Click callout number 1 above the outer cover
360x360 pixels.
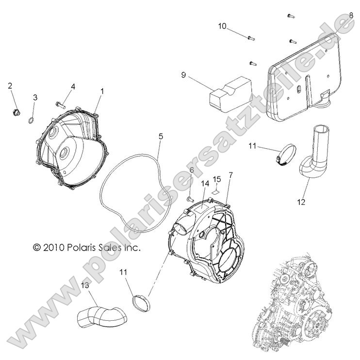[x=102, y=91]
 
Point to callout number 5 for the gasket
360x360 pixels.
[x=161, y=136]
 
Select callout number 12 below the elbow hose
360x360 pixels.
[x=301, y=202]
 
